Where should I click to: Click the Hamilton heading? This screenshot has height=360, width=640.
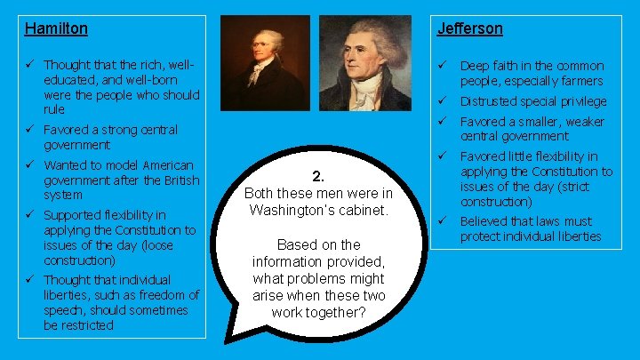(x=56, y=28)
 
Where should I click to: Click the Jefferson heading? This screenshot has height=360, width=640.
(x=469, y=28)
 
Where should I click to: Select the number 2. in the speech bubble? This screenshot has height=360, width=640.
(x=317, y=176)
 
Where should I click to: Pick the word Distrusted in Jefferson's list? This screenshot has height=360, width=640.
(x=488, y=101)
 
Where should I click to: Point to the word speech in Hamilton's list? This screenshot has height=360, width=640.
(x=61, y=310)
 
